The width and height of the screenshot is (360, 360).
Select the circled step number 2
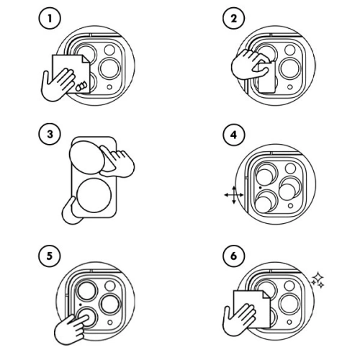coord(231,19)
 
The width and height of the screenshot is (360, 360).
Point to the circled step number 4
coord(231,135)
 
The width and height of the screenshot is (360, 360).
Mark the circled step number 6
coord(231,257)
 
